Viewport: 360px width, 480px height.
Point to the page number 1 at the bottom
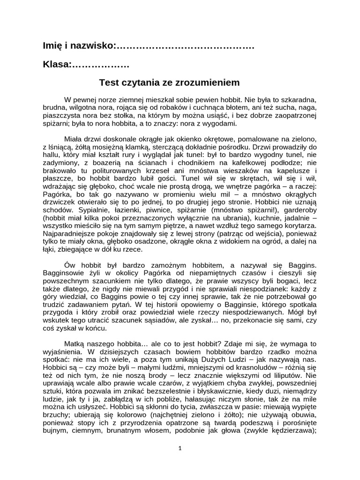click(x=180, y=448)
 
